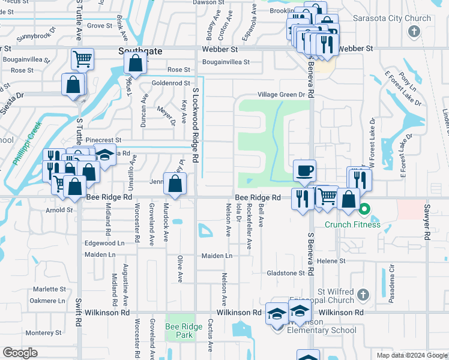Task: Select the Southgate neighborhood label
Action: [x=140, y=52]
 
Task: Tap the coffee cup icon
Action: [x=304, y=171]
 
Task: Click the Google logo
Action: [x=20, y=353]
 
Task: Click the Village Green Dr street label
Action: [x=282, y=95]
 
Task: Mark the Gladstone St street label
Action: [x=286, y=273]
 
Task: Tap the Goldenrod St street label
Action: [x=171, y=83]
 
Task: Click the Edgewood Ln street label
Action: [x=104, y=243]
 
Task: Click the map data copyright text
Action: [x=411, y=355]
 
